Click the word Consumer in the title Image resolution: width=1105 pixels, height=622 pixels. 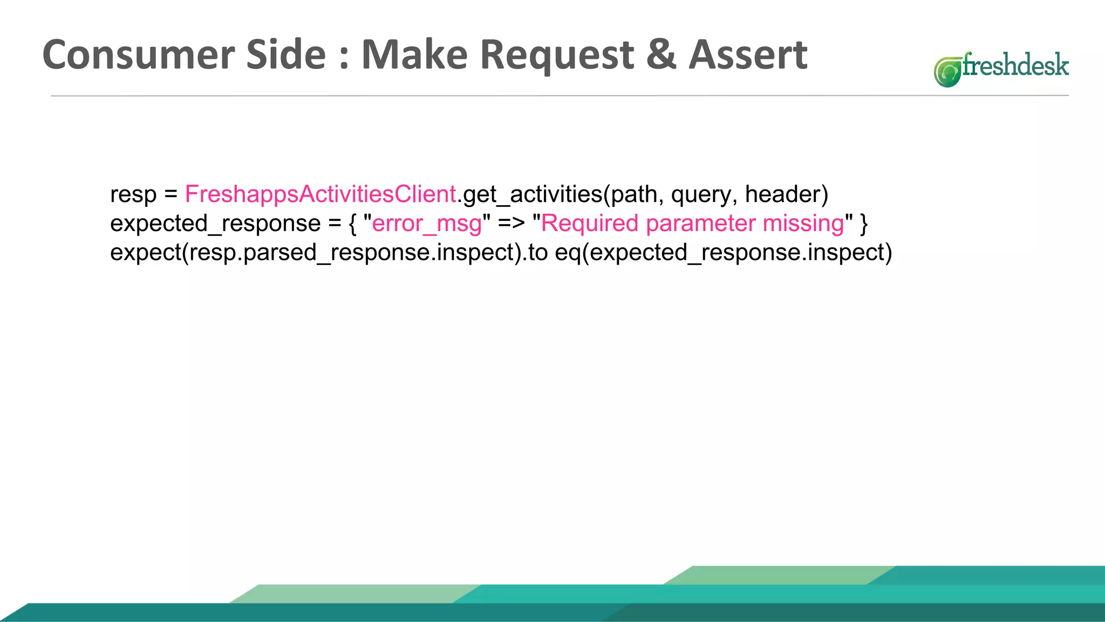point(139,55)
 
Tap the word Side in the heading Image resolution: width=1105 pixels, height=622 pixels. point(286,55)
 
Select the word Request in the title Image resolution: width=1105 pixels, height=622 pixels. point(556,55)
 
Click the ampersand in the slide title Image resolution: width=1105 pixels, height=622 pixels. point(661,55)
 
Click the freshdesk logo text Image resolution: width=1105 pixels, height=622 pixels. point(1015,66)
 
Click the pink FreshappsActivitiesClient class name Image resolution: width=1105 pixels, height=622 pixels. point(320,194)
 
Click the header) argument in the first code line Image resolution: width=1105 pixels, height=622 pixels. point(786,194)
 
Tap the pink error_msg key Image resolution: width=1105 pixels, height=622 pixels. point(427,224)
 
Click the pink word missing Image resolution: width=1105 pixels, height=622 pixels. point(803,224)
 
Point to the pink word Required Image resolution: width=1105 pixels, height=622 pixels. point(589,224)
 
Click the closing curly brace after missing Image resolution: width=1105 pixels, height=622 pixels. point(864,224)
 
